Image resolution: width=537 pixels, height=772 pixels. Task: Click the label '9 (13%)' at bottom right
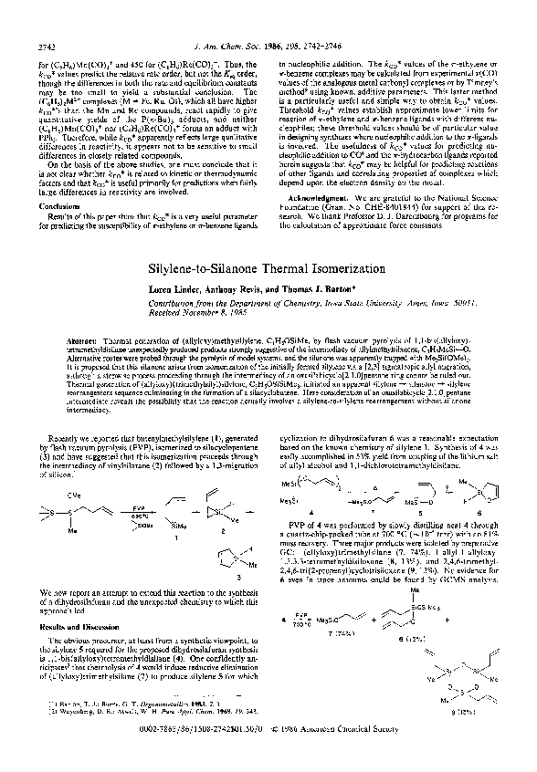469,736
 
